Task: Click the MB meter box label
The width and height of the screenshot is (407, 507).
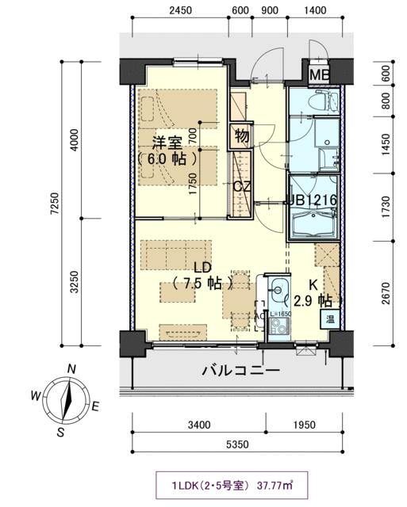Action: coord(321,75)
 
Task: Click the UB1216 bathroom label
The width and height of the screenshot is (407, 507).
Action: coord(314,201)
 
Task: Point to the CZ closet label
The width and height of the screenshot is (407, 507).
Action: coord(242,187)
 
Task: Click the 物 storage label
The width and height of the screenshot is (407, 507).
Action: coord(241,136)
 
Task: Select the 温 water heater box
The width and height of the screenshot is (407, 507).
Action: coord(328,319)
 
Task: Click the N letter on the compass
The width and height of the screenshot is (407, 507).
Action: coord(71,369)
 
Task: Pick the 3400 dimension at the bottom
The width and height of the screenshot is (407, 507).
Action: coord(199,425)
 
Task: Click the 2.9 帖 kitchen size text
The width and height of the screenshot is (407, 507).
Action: coord(313,301)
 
